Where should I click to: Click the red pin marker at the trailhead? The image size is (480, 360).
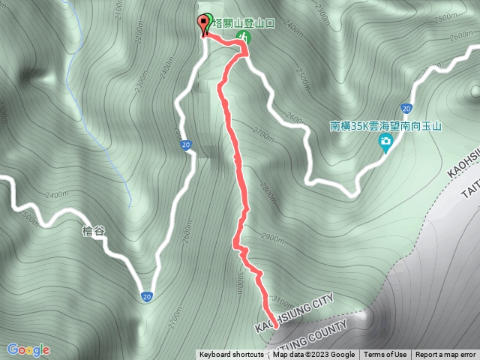203,23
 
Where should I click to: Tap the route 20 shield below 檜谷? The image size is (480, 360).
148,297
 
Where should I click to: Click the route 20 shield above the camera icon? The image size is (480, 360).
405,108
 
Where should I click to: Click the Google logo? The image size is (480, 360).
28,349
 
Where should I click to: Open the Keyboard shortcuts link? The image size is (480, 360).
231,355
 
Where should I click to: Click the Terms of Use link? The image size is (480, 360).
385,355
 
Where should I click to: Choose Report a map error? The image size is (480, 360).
445,355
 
